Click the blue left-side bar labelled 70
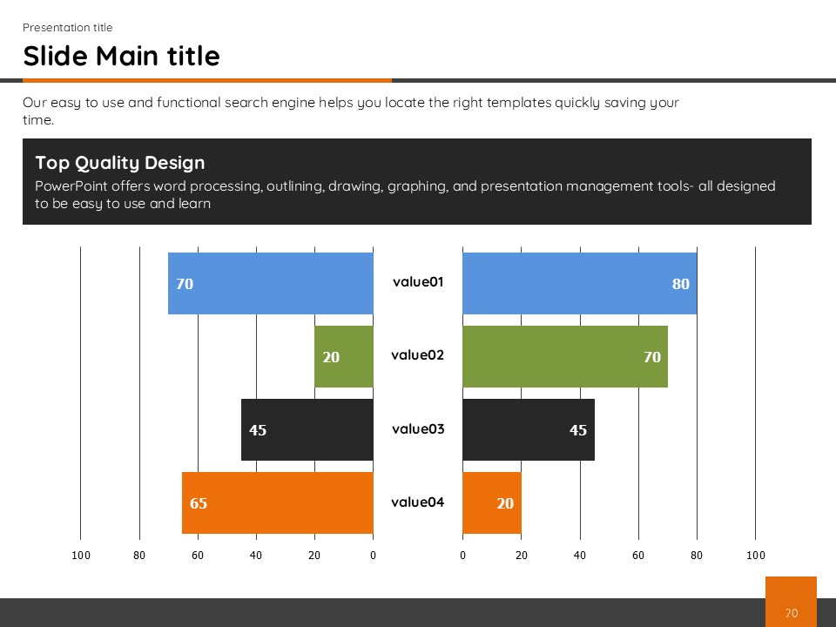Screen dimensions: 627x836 coord(270,283)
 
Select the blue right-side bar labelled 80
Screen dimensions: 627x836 coord(579,283)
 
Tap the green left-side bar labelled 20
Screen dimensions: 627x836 coord(344,356)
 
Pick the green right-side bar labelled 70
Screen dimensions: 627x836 coord(564,356)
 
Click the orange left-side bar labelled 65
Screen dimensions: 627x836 coord(277,502)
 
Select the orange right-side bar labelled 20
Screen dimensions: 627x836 coord(491,502)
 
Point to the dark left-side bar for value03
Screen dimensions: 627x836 coord(307,429)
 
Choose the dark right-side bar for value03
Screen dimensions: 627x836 coord(528,429)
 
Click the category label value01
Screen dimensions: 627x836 coord(418,282)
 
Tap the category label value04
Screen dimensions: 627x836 coord(418,502)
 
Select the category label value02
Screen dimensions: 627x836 coord(418,355)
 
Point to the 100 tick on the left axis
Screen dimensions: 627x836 coord(81,556)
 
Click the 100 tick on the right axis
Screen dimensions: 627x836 coord(755,556)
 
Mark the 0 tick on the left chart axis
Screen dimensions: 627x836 coord(373,556)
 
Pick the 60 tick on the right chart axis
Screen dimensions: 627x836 coord(638,556)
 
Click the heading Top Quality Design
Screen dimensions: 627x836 coord(120,163)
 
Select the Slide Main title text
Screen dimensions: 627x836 coord(121,57)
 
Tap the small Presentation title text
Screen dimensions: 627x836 coord(67,28)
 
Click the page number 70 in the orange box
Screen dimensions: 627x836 coord(791,613)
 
